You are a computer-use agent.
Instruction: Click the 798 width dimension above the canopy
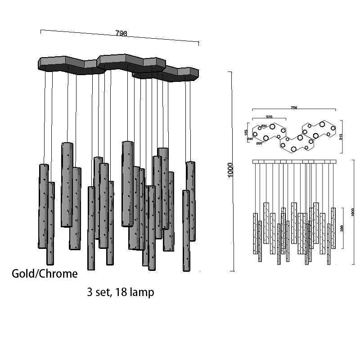(x=121, y=33)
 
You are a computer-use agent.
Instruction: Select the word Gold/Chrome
(x=45, y=274)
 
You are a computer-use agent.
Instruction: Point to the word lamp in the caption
(x=142, y=292)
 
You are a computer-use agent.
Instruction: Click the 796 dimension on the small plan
(x=294, y=108)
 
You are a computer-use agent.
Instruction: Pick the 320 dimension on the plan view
(x=269, y=116)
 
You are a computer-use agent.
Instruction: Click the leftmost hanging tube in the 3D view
(x=43, y=206)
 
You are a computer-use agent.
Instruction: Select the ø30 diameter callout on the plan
(x=264, y=126)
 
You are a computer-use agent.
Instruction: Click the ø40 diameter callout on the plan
(x=249, y=139)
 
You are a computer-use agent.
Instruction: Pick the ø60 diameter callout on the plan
(x=259, y=144)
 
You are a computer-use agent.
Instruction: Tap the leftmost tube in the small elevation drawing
(x=255, y=227)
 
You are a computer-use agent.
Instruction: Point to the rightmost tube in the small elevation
(x=333, y=228)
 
